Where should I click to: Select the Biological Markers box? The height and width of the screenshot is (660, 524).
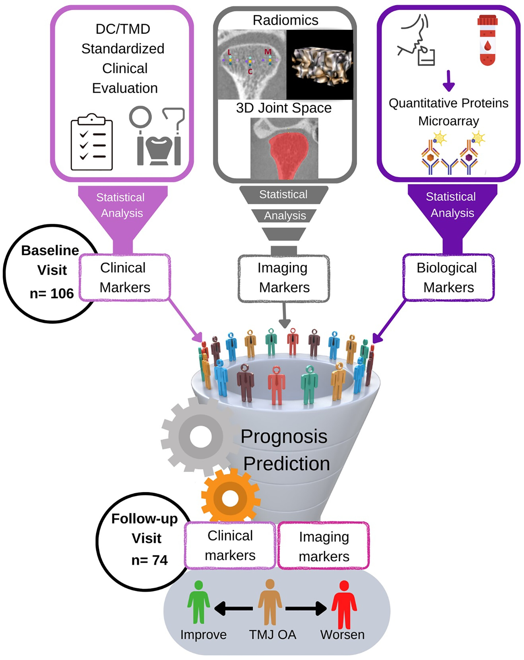point(448,277)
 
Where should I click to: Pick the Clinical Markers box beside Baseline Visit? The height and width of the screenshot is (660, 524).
point(125,277)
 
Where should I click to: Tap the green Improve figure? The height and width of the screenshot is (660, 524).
point(199,602)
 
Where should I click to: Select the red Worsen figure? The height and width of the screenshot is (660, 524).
point(344,604)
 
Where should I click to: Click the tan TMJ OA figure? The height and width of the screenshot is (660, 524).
point(270,602)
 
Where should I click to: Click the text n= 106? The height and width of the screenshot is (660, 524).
point(52,293)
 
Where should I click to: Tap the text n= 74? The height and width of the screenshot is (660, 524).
point(149,560)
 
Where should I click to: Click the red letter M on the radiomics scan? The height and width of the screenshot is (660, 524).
point(268,52)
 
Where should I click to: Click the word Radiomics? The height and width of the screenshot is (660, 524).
point(285,20)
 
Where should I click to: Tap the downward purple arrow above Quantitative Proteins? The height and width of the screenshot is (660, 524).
point(448,81)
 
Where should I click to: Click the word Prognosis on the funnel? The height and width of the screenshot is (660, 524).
point(284,436)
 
